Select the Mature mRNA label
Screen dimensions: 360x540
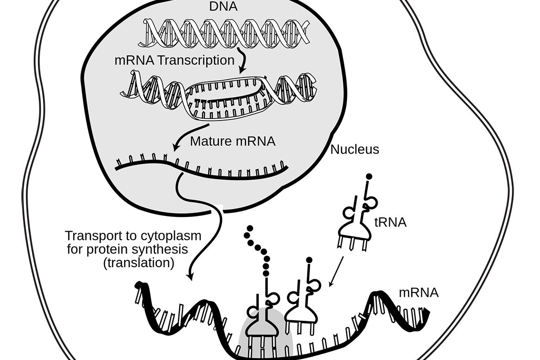click(233, 141)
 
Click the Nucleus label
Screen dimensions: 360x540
click(355, 150)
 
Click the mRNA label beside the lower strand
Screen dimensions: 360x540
click(419, 292)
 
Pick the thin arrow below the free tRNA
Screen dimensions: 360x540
click(336, 271)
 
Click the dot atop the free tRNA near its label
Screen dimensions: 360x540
click(369, 176)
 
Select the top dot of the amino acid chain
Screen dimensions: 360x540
click(250, 229)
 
